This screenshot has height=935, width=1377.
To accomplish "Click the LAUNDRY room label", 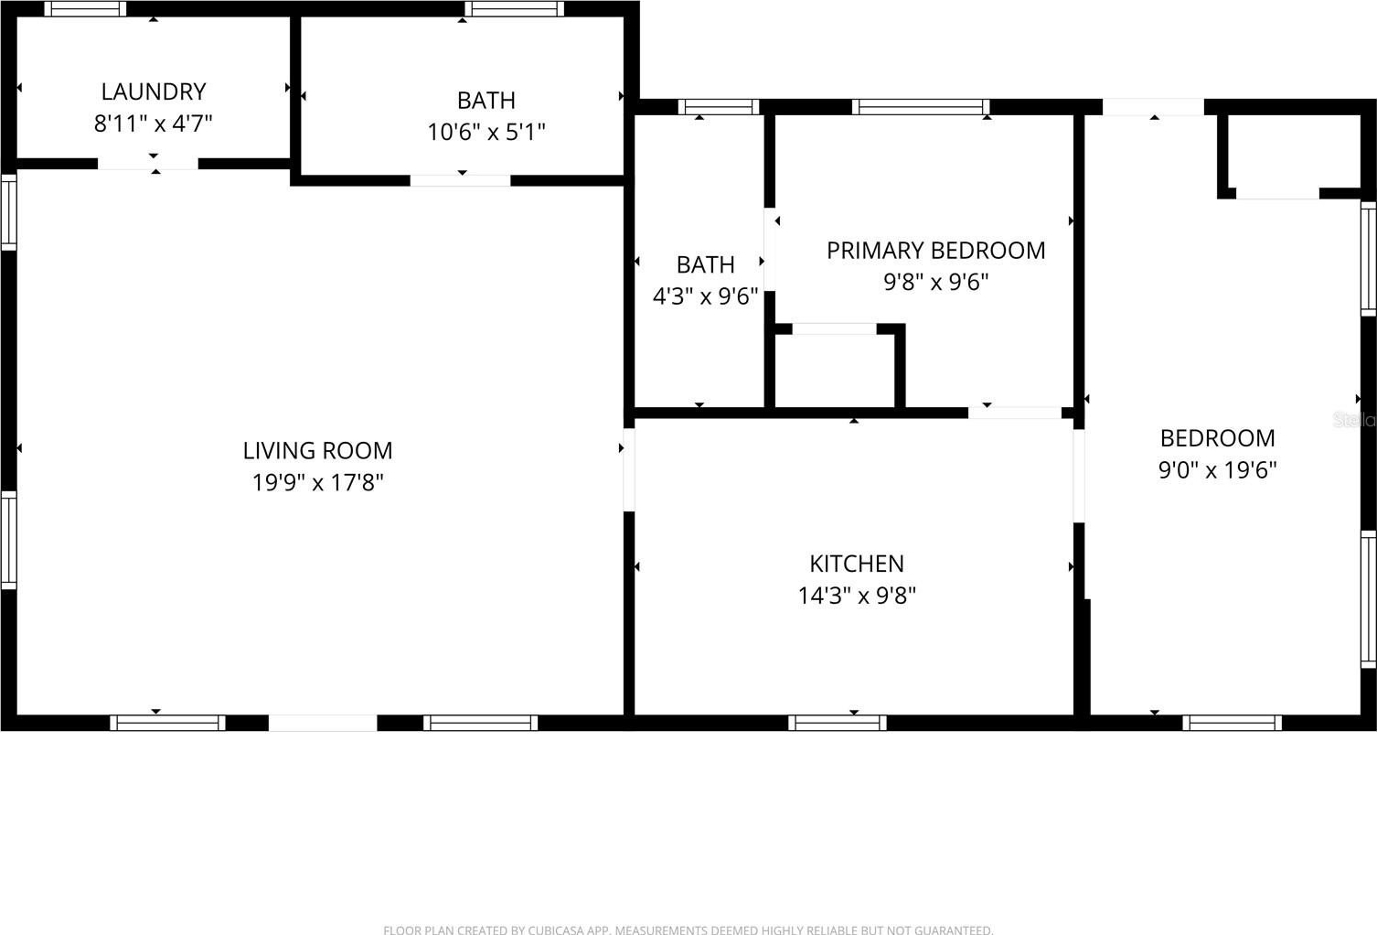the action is click(153, 91).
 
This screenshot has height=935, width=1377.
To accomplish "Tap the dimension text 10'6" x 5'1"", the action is click(486, 133).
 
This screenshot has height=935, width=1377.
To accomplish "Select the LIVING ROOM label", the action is click(317, 451).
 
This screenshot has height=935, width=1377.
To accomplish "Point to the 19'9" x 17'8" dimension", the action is click(318, 482).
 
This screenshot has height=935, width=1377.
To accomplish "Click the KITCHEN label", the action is click(857, 564).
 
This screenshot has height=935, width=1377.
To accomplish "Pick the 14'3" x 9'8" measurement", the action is click(857, 596).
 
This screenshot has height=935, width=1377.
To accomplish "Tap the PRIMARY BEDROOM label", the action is click(935, 251).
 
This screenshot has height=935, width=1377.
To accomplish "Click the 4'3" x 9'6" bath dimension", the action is click(705, 296).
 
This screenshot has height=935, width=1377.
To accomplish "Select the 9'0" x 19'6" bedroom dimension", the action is click(1217, 470).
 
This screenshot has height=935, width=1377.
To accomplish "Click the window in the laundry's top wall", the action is click(85, 8).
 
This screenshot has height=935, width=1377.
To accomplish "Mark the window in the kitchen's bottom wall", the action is click(838, 723).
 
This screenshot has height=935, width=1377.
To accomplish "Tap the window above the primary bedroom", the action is click(921, 107).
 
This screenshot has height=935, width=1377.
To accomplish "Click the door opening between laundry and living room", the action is click(148, 164).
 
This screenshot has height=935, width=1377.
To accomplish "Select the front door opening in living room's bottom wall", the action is click(323, 723).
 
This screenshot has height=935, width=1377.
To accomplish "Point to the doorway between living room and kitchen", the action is click(629, 469).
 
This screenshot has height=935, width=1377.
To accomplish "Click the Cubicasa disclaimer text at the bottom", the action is click(688, 930).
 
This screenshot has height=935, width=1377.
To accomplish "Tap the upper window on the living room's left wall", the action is click(8, 212).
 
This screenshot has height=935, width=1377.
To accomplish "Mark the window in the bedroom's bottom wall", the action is click(1232, 723).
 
